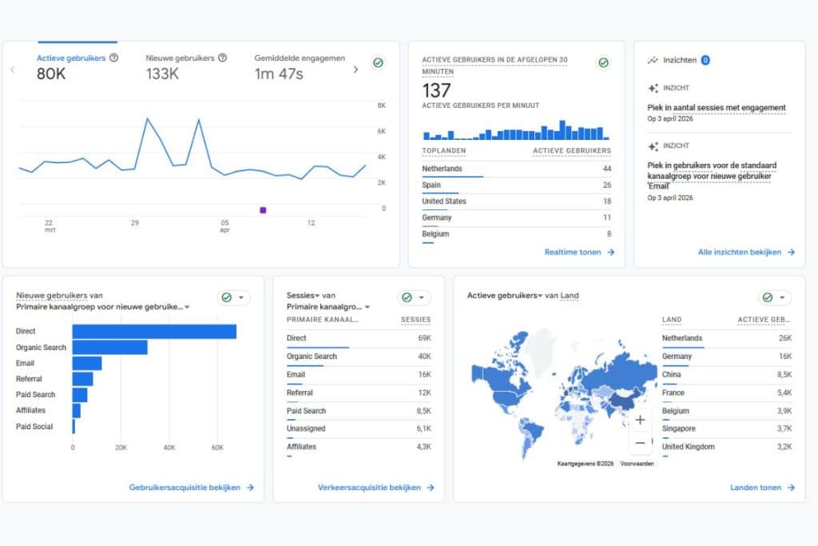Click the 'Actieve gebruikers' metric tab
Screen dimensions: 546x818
coord(72,58)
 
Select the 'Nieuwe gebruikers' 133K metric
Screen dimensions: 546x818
coord(181,58)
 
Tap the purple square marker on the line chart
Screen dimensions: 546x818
coord(263,209)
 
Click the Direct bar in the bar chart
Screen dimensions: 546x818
coord(154,331)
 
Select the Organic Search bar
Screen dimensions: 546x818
coord(109,347)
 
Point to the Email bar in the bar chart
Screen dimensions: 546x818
coord(87,363)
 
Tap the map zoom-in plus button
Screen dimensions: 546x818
coord(640,420)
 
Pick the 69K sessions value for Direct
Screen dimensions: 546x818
coord(423,338)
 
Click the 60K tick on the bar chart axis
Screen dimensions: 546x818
coord(217,448)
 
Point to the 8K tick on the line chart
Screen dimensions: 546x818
coord(381,105)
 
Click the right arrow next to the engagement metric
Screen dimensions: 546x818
coord(355,70)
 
